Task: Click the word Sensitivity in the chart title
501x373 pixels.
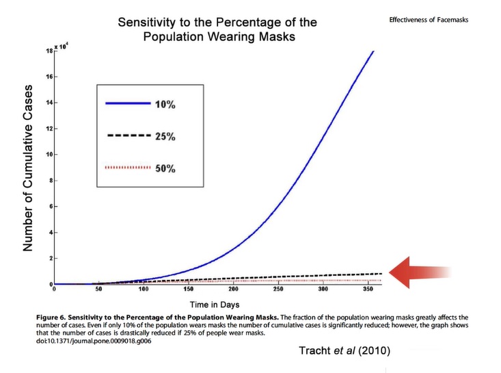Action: point(149,22)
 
